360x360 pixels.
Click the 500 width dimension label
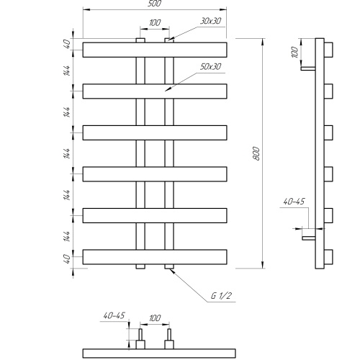click(155, 4)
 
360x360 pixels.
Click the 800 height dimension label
click(256, 153)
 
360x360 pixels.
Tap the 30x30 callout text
click(210, 21)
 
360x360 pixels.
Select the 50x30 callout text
click(210, 67)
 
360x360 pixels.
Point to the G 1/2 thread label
click(221, 295)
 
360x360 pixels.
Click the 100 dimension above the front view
click(155, 23)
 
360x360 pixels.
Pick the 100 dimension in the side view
click(294, 52)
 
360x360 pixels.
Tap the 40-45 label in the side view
click(294, 202)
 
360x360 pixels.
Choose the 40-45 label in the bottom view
click(114, 315)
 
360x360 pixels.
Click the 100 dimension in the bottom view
click(155, 318)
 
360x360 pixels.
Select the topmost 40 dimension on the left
click(67, 44)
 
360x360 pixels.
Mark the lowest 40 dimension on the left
click(67, 258)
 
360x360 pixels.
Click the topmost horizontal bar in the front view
click(155, 50)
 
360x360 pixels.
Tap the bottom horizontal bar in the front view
click(155, 257)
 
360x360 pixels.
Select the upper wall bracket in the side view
click(308, 68)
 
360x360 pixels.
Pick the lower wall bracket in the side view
click(309, 238)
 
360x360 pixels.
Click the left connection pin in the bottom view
click(140, 335)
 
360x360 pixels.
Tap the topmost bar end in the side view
click(328, 50)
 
